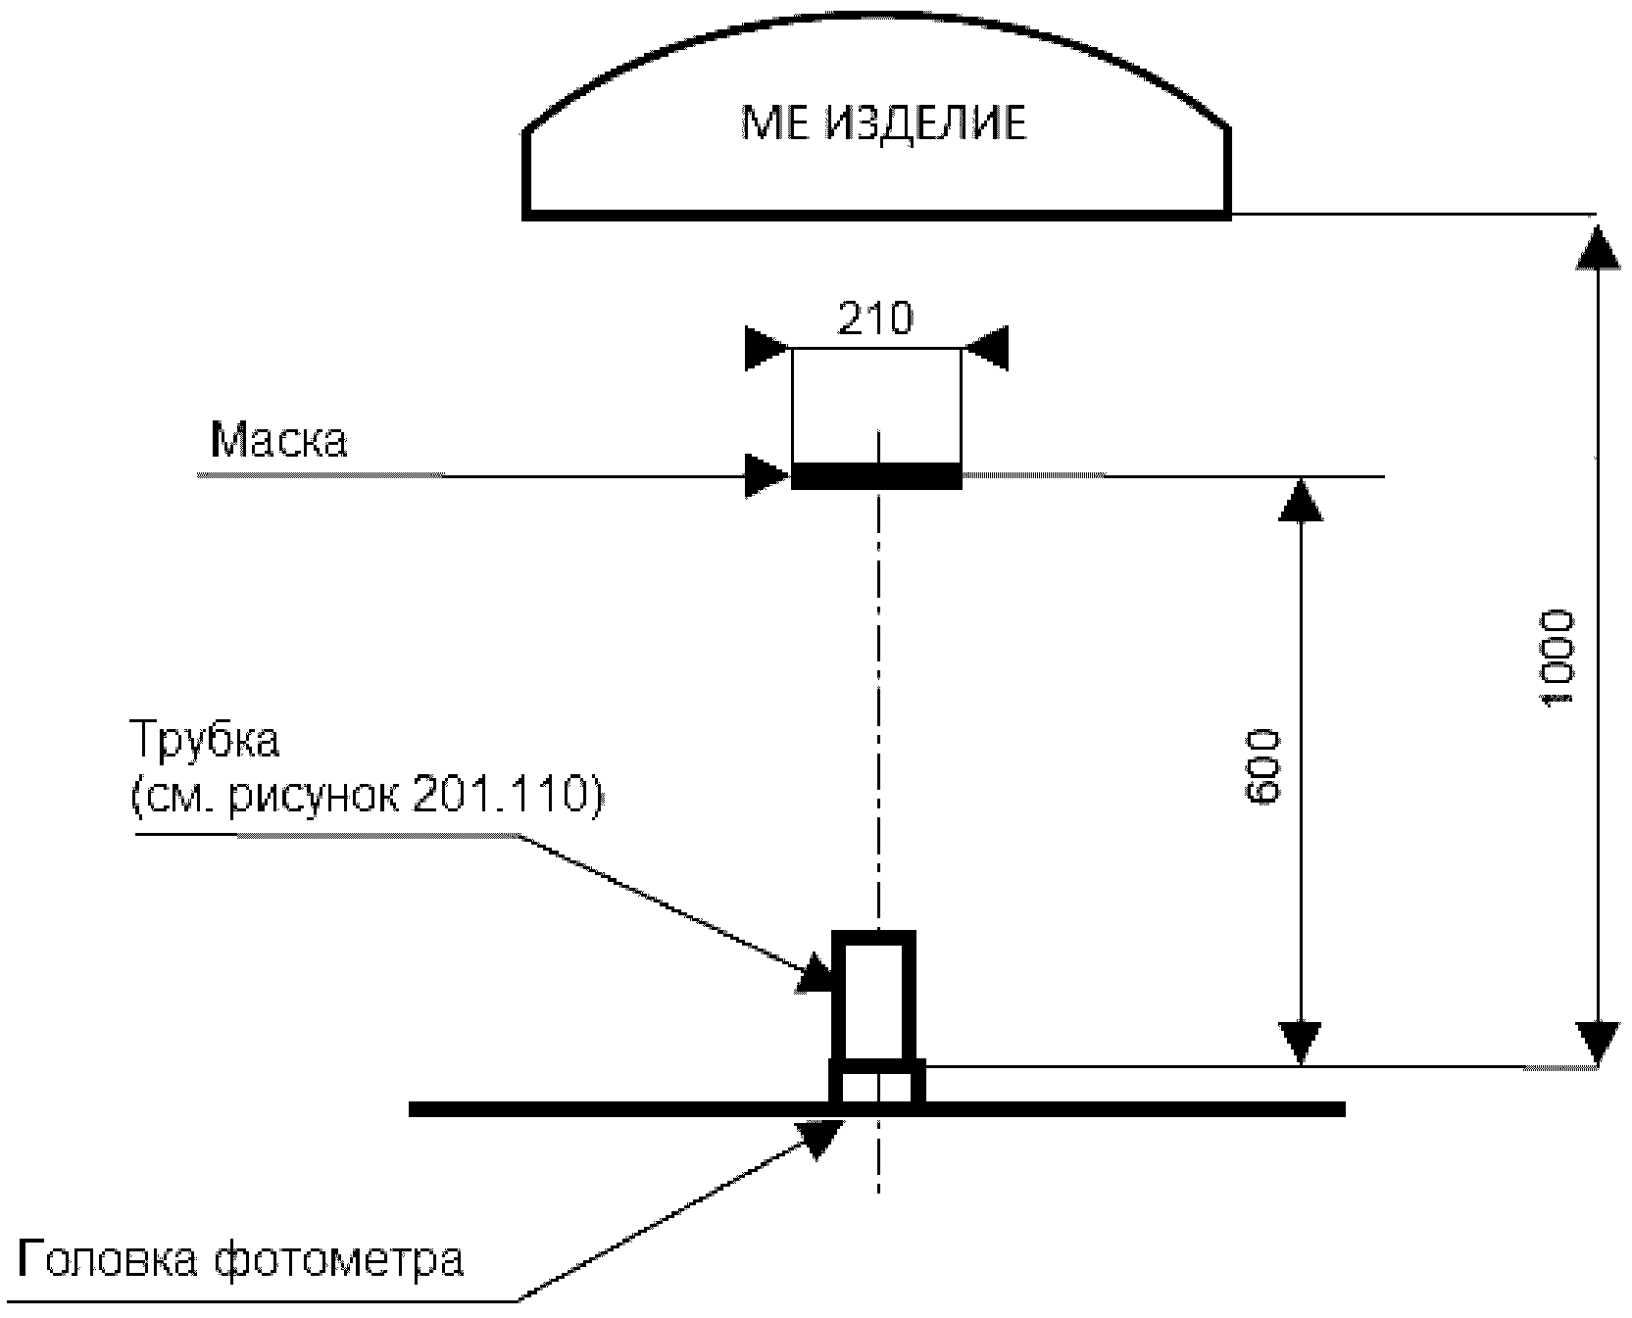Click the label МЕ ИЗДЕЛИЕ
[x=883, y=123]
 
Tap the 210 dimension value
[x=875, y=318]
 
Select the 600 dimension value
[x=1261, y=767]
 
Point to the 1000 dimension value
[x=1557, y=658]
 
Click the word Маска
[x=279, y=440]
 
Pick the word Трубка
[x=205, y=740]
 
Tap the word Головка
[x=108, y=1260]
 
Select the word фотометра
[x=337, y=1260]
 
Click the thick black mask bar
[x=875, y=476]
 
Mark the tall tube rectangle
[x=873, y=996]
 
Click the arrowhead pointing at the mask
[x=767, y=475]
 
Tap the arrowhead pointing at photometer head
[x=820, y=1137]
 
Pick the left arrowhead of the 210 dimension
[x=767, y=348]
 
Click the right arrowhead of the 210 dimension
[x=984, y=348]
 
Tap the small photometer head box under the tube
[x=876, y=1085]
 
